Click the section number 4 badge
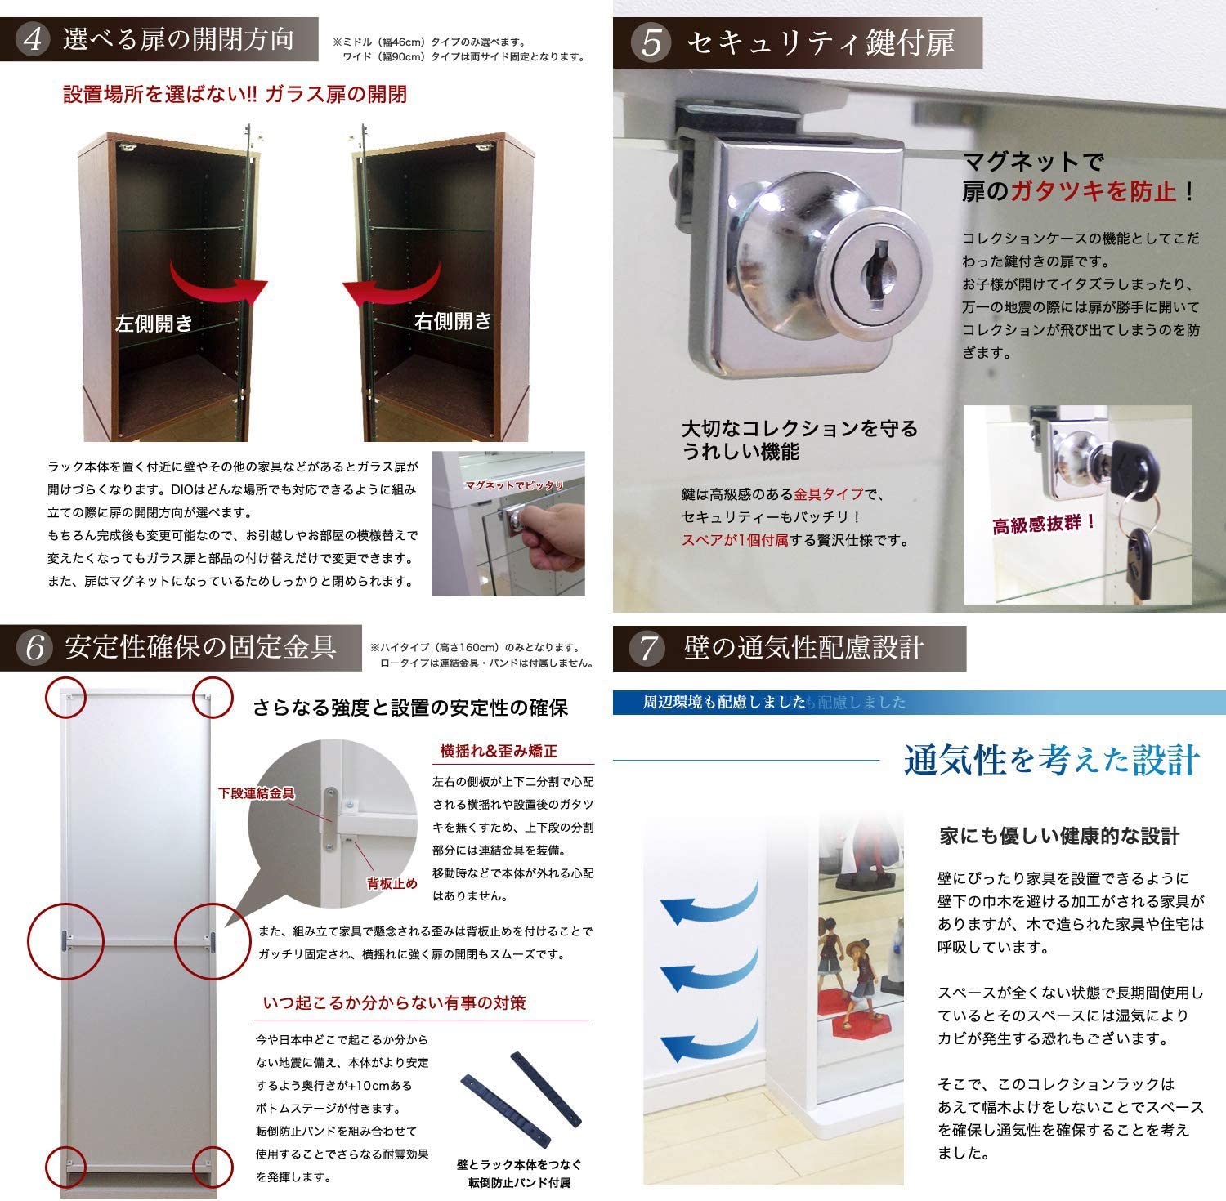click(33, 39)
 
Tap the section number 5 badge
click(651, 42)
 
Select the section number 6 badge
click(34, 647)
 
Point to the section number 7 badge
click(648, 649)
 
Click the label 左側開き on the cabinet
click(154, 324)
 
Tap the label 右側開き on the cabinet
click(453, 321)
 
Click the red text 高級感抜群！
click(1045, 524)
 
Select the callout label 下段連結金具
click(257, 793)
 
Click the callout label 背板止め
click(392, 884)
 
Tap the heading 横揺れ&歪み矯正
click(499, 751)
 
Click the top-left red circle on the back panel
click(65, 697)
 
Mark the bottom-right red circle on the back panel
click(213, 1166)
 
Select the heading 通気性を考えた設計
click(1052, 761)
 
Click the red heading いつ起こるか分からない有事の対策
click(394, 1002)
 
